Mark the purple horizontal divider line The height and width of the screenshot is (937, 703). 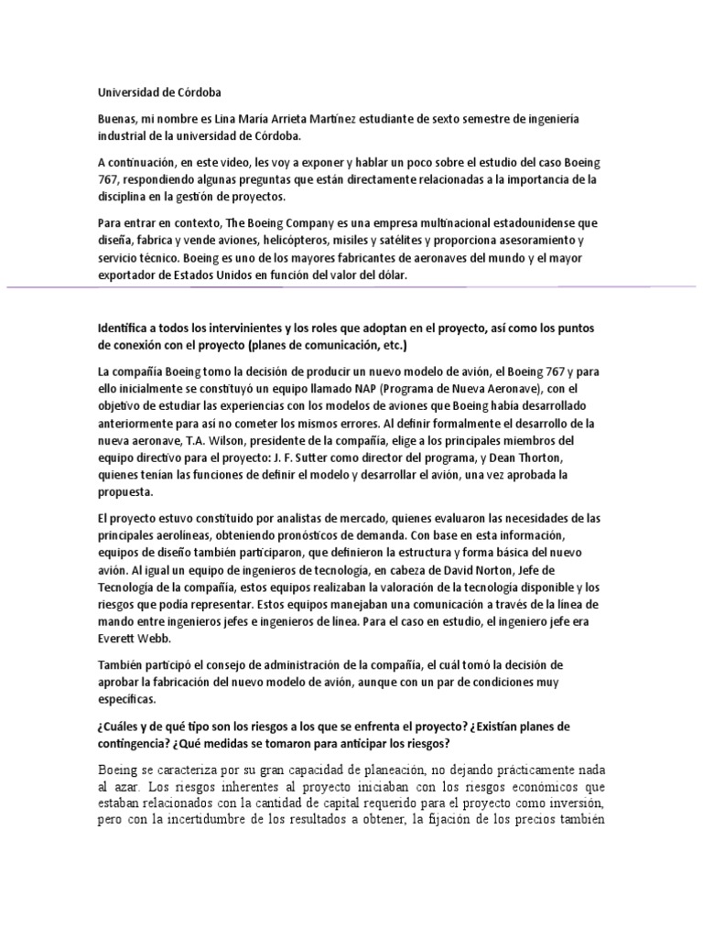click(x=351, y=287)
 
